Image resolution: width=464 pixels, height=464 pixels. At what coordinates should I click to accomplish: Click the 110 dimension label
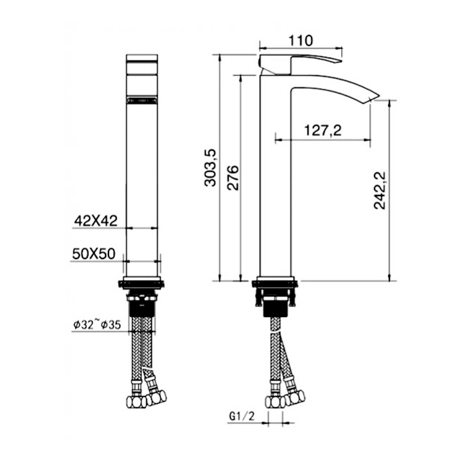pos(300,40)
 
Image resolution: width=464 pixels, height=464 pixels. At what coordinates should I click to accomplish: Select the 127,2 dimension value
pos(323,130)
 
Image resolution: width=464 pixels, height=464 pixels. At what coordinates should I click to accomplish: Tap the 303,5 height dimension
pos(210,168)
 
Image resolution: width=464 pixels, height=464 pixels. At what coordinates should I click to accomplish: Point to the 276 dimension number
pos(232,178)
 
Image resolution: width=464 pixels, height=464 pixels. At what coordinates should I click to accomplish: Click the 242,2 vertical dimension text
pos(380,190)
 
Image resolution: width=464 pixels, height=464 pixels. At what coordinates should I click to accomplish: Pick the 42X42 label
pos(95,221)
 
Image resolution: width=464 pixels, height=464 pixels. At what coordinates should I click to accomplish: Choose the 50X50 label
pos(94,254)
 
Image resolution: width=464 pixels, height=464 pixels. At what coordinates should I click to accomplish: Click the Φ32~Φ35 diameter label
pos(97,325)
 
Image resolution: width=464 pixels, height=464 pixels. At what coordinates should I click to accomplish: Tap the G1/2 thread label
pos(242,417)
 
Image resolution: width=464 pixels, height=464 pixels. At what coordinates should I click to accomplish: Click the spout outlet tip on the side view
pos(375,98)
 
